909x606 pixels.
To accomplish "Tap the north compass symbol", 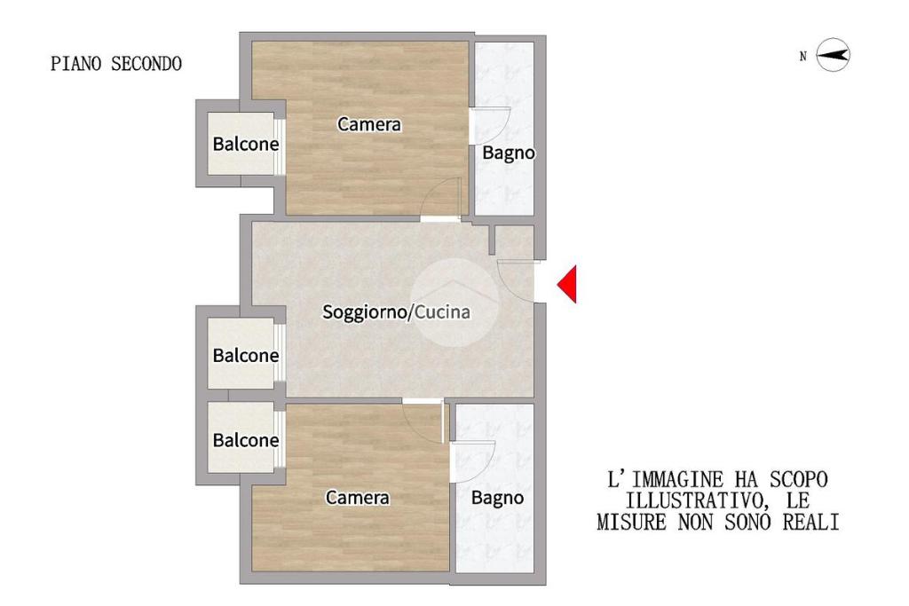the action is (833, 55).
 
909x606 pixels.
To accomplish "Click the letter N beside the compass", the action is (802, 56).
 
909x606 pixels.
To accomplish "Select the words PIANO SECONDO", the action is (116, 64).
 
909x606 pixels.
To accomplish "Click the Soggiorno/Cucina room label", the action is (396, 311).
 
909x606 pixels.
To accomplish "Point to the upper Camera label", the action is (369, 124).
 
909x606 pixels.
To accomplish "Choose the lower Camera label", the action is (357, 497).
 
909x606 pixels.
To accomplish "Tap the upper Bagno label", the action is (509, 153).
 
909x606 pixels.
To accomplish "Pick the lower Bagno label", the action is (497, 498).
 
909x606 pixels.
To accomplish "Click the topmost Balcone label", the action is (246, 144).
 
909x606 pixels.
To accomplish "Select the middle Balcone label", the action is (246, 355).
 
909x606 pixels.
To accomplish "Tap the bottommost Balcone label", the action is (246, 440).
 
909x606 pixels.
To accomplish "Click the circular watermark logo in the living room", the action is (454, 303).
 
